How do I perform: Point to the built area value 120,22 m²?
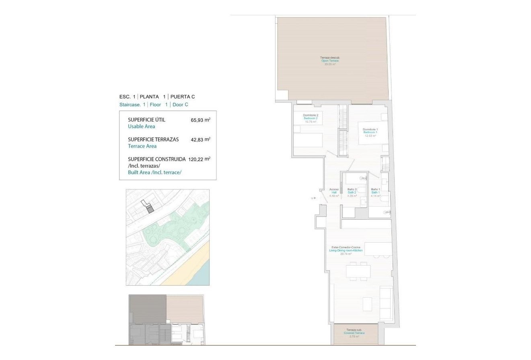[199, 159]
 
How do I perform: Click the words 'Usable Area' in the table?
[141, 126]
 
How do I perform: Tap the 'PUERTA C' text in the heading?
[183, 97]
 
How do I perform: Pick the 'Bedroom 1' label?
[370, 132]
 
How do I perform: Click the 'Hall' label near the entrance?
[334, 193]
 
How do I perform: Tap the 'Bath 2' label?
[352, 193]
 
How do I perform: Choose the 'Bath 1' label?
[375, 193]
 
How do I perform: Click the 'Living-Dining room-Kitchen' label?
[346, 250]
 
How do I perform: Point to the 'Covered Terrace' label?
[354, 333]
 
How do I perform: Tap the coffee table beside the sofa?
[367, 304]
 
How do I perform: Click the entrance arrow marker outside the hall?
[313, 198]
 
